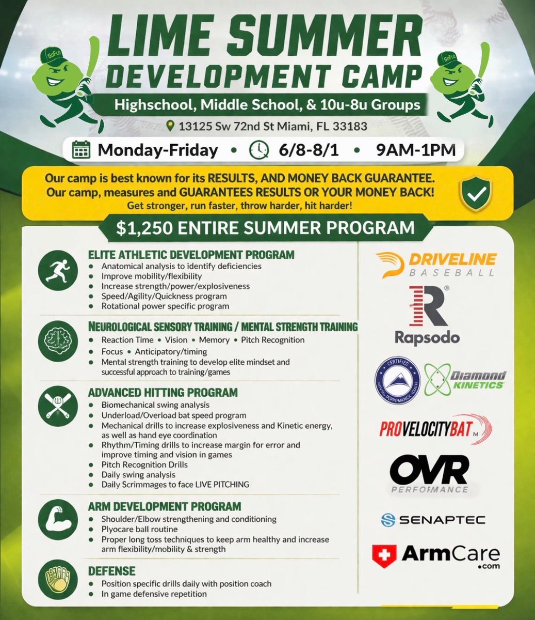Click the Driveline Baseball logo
coord(435,264)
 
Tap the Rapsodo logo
coord(427,316)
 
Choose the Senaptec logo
coord(433,520)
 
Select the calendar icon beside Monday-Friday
coord(81,150)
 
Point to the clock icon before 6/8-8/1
coord(257,150)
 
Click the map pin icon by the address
coord(170,126)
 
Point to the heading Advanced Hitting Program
coord(163,393)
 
